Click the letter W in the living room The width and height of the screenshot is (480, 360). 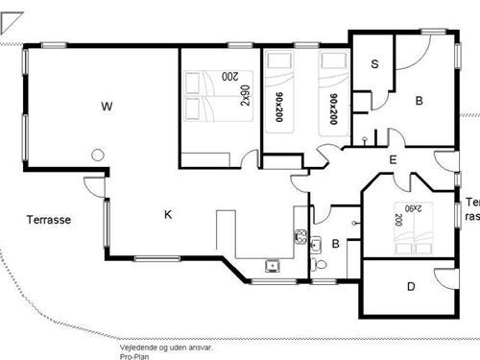[107, 106]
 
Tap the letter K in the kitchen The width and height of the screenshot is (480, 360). [168, 214]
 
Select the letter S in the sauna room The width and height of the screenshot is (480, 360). [374, 64]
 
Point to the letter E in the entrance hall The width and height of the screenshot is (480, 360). [393, 159]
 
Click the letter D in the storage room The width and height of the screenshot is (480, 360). [411, 286]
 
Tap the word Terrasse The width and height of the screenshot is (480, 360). [49, 220]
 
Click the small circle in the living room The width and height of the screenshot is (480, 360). [98, 156]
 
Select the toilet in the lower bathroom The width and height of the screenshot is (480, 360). [319, 265]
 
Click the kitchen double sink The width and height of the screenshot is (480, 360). [300, 237]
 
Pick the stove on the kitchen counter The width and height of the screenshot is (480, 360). [273, 266]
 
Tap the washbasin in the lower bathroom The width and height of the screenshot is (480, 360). [316, 245]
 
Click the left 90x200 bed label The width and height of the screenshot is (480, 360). [279, 108]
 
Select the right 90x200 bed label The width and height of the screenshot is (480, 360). [333, 108]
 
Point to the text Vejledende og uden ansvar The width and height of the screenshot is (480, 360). [166, 348]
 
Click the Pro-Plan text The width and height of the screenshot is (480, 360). [134, 356]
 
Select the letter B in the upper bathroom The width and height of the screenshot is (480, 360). [420, 101]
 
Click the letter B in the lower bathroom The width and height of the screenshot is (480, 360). [336, 244]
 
